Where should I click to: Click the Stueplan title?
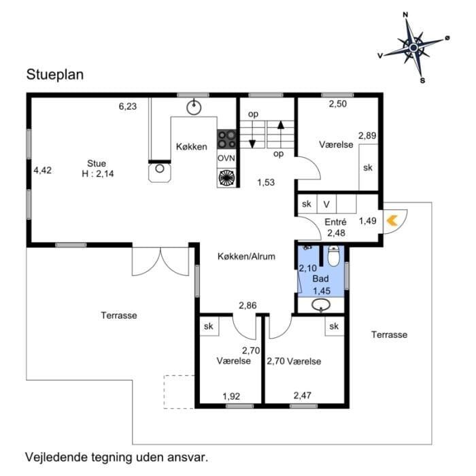click(55, 75)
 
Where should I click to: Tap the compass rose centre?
click(413, 48)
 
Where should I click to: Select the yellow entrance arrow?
click(392, 221)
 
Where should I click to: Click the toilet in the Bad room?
click(333, 256)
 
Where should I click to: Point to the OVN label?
click(226, 158)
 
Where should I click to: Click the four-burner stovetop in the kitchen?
click(226, 139)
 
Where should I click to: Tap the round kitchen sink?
click(194, 107)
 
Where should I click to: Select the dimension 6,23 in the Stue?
click(128, 107)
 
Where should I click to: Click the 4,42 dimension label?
click(42, 170)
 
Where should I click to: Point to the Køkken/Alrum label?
click(246, 256)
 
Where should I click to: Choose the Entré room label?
click(335, 222)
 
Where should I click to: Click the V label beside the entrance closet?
click(326, 204)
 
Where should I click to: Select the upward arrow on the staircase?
click(281, 135)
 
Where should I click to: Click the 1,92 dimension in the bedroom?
click(231, 396)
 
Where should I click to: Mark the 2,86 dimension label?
click(248, 305)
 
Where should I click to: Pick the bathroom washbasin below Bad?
click(321, 305)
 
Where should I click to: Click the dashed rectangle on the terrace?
click(179, 392)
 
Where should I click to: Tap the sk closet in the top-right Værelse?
click(368, 167)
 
